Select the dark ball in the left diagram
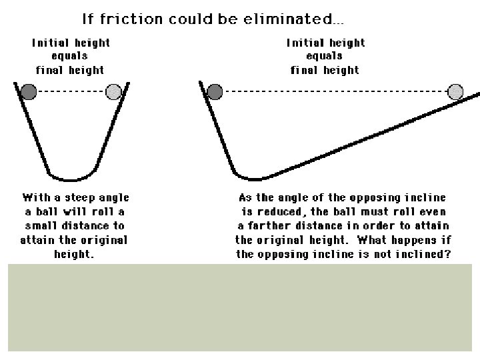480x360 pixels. [x=29, y=91]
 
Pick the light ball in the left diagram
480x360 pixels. [x=114, y=91]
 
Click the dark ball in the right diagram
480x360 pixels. [x=215, y=91]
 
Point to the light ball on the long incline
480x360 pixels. [x=455, y=91]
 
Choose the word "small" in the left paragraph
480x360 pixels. [x=39, y=225]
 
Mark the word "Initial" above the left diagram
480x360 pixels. [x=50, y=43]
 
